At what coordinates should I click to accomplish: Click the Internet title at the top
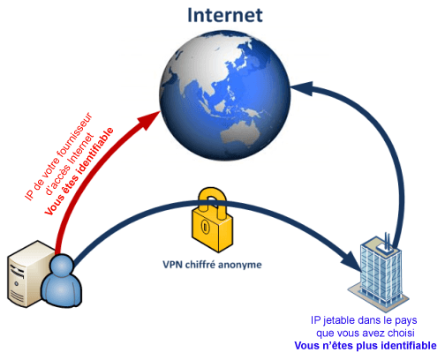pyautogui.click(x=225, y=15)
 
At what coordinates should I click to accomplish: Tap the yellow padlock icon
pyautogui.click(x=213, y=220)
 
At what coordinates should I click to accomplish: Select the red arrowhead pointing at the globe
pyautogui.click(x=148, y=120)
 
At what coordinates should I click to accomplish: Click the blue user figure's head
pyautogui.click(x=62, y=266)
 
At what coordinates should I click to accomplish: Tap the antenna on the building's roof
pyautogui.click(x=388, y=242)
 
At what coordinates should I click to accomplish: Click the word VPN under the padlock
pyautogui.click(x=173, y=265)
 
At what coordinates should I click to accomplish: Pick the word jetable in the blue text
pyautogui.click(x=338, y=320)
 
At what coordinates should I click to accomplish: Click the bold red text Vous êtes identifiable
pyautogui.click(x=79, y=171)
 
